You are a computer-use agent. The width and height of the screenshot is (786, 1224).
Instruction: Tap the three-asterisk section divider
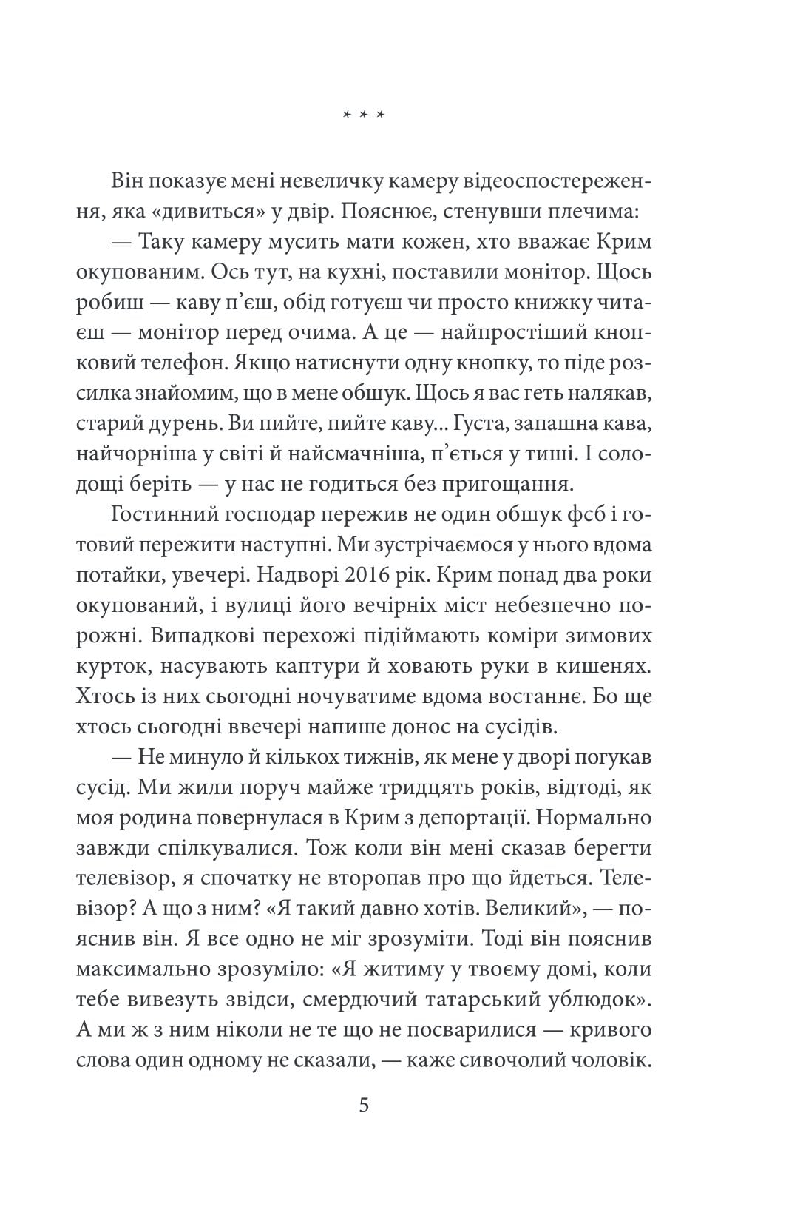coord(364,115)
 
